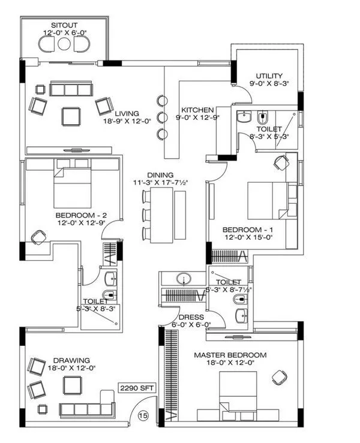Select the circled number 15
coord(143,414)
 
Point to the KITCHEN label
coord(197,110)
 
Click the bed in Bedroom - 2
coord(72,183)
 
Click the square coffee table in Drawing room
coord(74,384)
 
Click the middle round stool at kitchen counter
coord(161,116)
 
